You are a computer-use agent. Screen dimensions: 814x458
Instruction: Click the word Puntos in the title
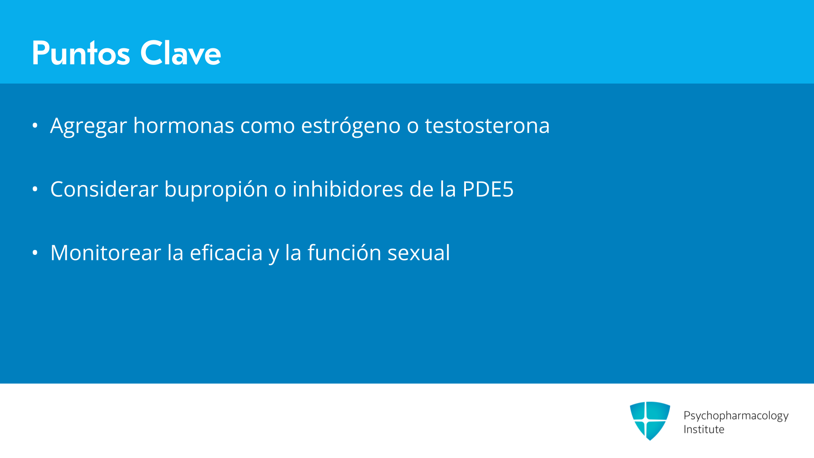click(x=81, y=53)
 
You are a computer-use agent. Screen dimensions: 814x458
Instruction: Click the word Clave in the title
click(x=181, y=53)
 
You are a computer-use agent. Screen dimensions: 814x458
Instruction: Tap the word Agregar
click(x=89, y=126)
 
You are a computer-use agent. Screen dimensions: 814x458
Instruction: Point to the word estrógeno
click(x=351, y=126)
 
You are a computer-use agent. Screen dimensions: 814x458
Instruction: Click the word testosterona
click(x=487, y=126)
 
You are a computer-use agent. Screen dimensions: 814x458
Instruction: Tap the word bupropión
click(x=216, y=190)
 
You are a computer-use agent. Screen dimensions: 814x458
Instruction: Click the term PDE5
click(x=488, y=189)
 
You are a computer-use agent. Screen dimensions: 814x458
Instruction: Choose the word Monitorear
click(x=106, y=253)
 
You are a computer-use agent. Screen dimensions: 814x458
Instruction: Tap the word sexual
click(x=418, y=253)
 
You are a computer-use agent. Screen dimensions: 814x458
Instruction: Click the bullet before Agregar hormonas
click(x=35, y=126)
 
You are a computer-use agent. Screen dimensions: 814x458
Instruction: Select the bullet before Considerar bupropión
click(x=35, y=189)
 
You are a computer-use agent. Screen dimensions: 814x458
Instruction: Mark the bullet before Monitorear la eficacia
click(x=35, y=253)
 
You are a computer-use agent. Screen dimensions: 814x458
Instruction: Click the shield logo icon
click(x=650, y=421)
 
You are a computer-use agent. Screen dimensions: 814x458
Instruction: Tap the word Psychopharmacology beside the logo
click(x=736, y=416)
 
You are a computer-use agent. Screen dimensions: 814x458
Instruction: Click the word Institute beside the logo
click(x=704, y=429)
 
